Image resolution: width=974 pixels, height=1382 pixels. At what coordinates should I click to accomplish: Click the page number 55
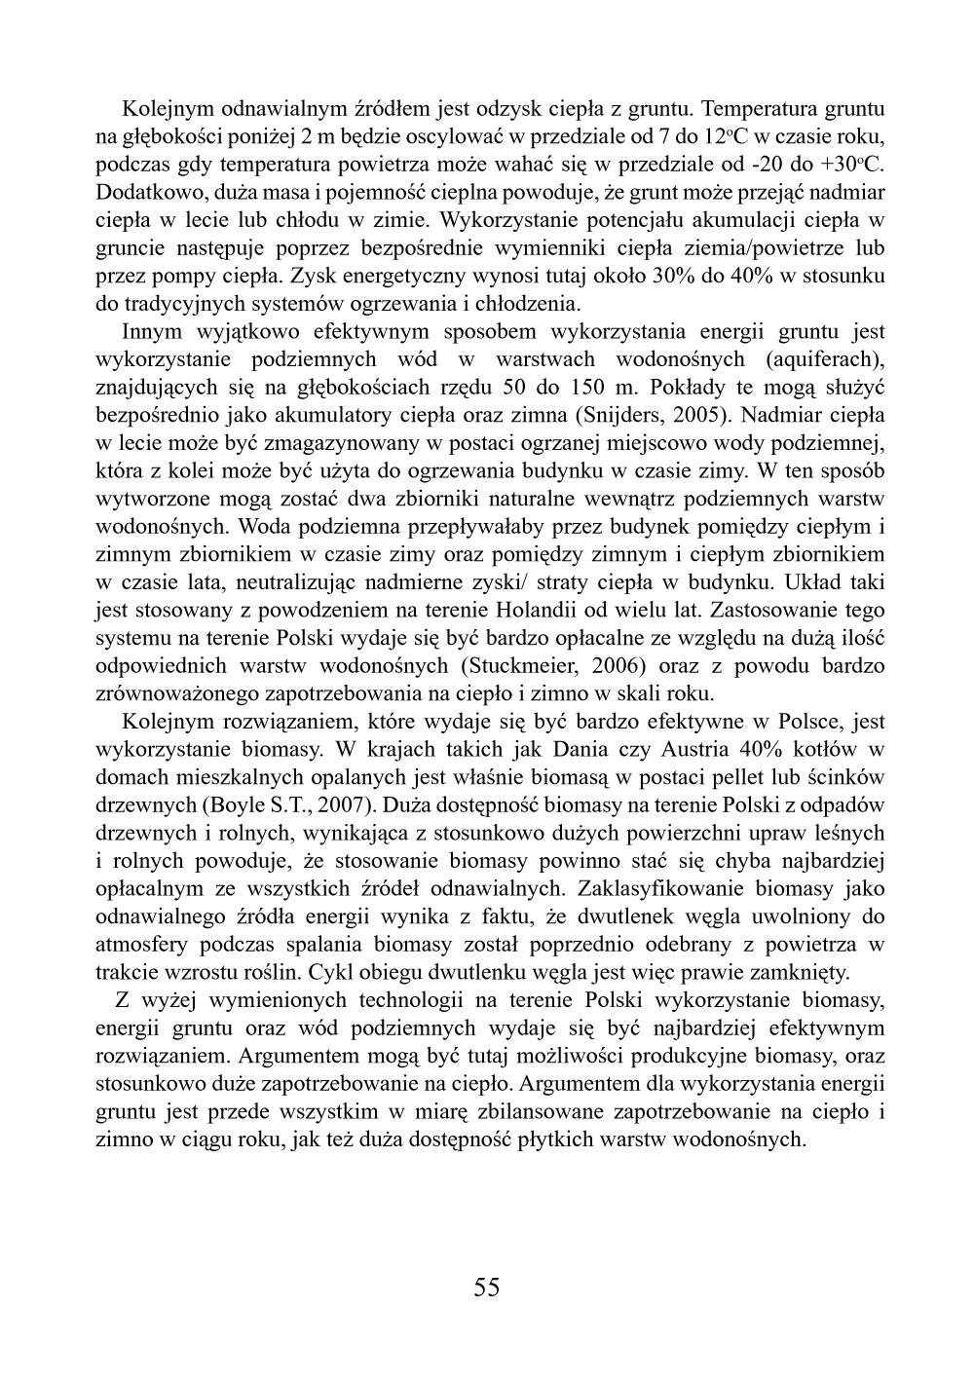tap(486, 1288)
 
